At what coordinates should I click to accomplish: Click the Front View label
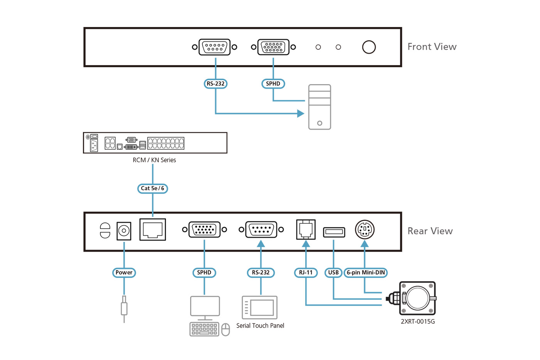point(432,47)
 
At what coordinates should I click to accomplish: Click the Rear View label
point(430,231)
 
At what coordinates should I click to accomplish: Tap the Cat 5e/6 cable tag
point(153,188)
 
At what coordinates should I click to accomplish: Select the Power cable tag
point(124,272)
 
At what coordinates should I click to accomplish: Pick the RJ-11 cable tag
point(305,272)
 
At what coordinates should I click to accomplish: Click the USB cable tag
point(333,272)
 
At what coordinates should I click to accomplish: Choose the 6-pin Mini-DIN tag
point(365,272)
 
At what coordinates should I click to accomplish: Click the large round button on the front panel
point(369,47)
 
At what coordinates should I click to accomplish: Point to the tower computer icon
point(320,107)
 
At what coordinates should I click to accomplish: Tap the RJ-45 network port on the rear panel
point(153,230)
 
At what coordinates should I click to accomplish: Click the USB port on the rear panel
point(334,232)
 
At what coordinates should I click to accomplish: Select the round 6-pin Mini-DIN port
point(364,230)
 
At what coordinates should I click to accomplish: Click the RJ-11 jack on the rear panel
point(306,229)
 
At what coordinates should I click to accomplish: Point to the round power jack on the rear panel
point(124,231)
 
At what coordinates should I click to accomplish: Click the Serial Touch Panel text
point(260,326)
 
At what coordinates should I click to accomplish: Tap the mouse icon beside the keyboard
point(226,330)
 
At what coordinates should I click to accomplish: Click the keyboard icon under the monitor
point(204,329)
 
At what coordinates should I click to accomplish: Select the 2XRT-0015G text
point(418,321)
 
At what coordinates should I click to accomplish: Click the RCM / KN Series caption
point(154,160)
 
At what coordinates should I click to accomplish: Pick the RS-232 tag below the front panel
point(215,84)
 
